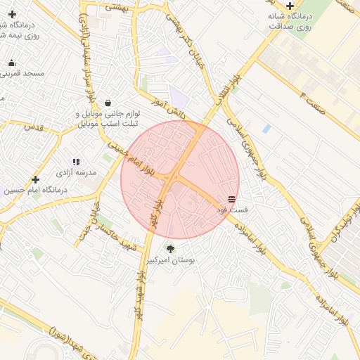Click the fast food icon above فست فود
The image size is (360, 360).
point(232,199)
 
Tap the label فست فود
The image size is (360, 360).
point(232,210)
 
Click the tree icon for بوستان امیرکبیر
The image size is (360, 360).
point(170,248)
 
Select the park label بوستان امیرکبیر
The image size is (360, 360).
point(170,260)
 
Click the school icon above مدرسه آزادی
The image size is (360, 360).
point(76,162)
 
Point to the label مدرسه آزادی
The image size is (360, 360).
point(76,173)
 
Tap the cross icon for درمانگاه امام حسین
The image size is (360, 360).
point(35,179)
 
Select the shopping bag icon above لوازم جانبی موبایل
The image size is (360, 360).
point(107,102)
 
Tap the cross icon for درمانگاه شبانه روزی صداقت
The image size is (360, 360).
point(290,5)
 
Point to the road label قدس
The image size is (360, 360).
point(33,127)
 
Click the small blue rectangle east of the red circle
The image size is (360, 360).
point(266,129)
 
